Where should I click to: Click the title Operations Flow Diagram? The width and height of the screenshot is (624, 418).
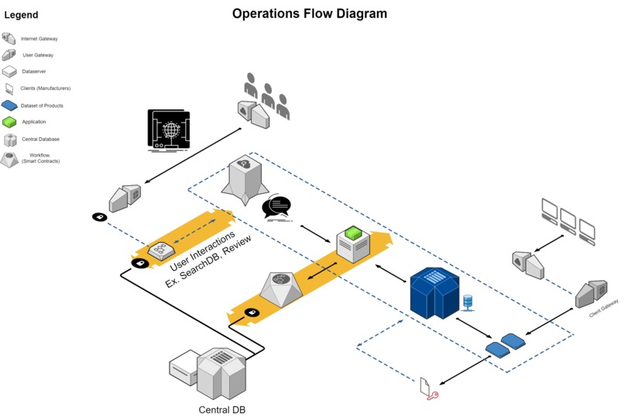click(x=310, y=13)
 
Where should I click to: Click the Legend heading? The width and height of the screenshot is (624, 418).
click(x=21, y=15)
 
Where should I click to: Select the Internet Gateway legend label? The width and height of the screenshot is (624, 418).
click(x=39, y=38)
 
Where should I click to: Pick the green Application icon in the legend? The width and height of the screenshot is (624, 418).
click(x=9, y=123)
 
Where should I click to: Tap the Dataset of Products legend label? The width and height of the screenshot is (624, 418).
click(x=42, y=105)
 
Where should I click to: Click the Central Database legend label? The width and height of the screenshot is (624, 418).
click(x=40, y=140)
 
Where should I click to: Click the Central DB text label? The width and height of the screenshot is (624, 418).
click(x=221, y=409)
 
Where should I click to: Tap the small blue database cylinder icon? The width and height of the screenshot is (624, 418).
click(x=467, y=300)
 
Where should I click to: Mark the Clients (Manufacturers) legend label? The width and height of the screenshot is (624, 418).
click(x=43, y=88)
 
